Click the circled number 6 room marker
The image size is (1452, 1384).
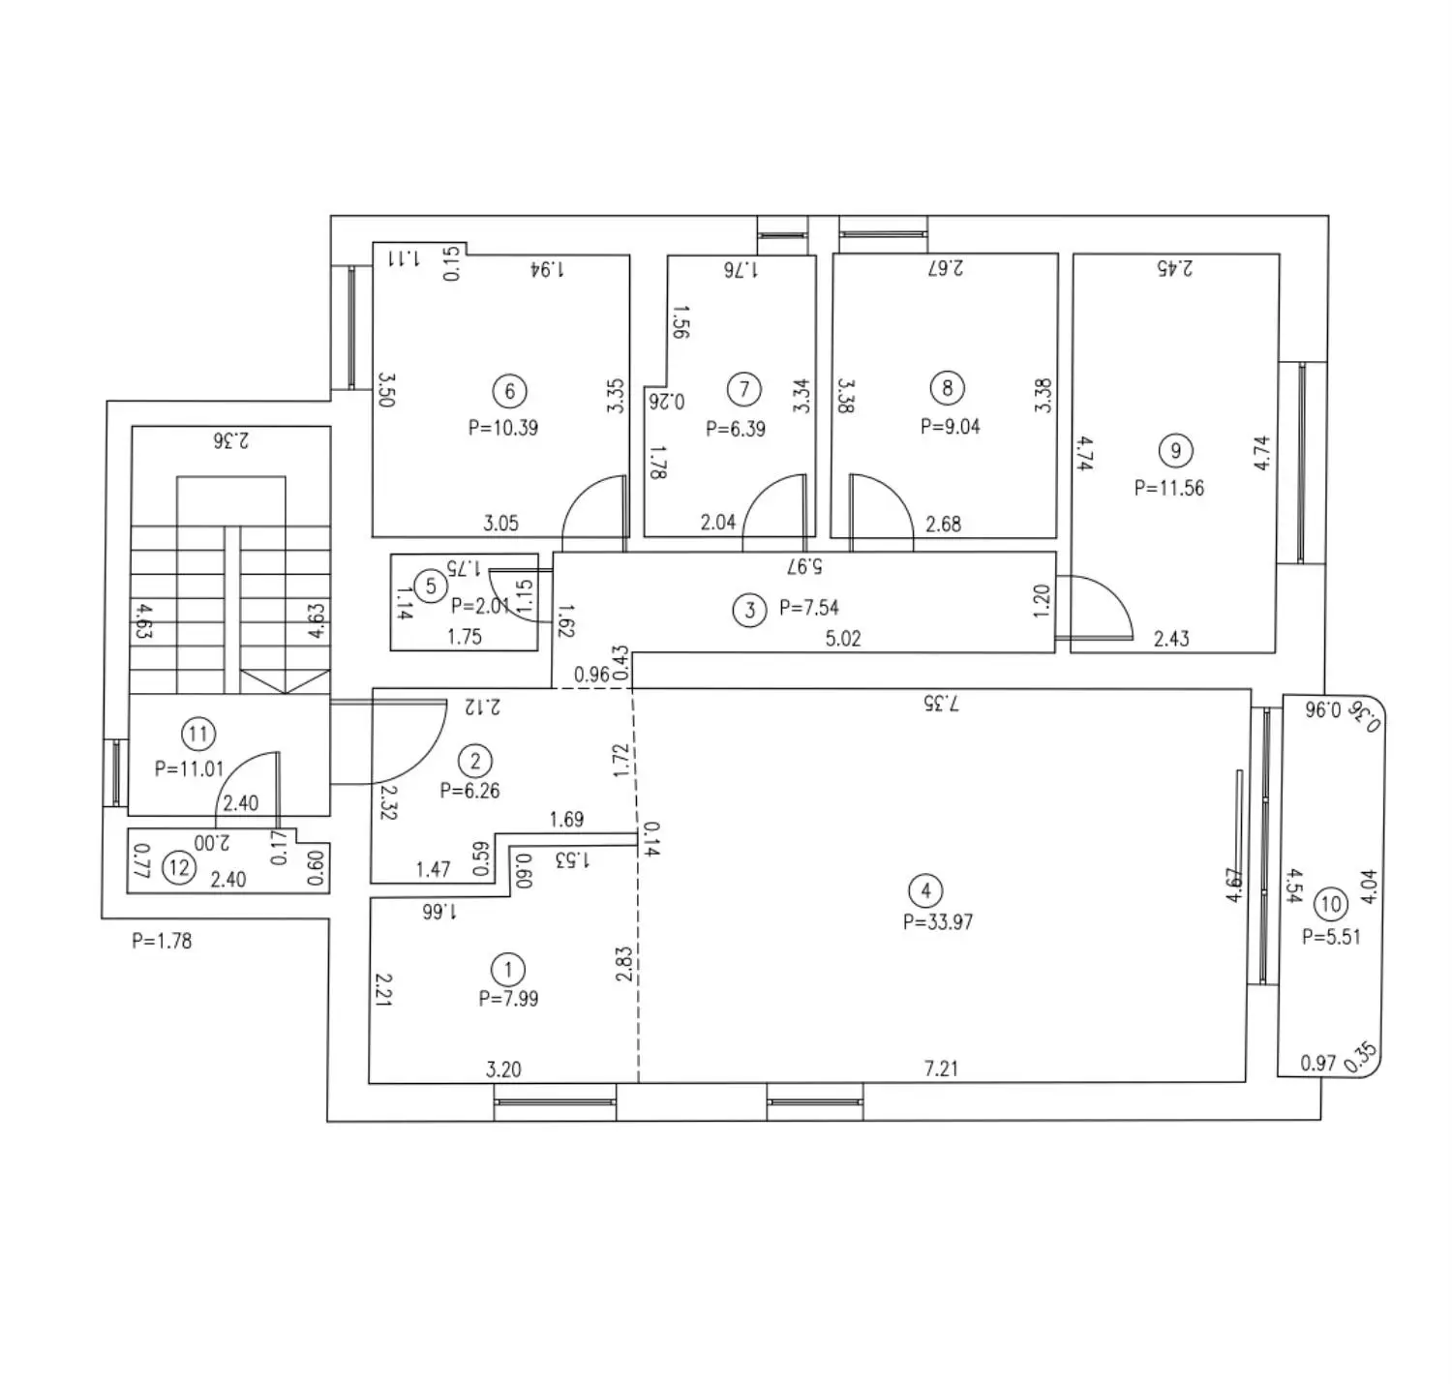click(x=509, y=391)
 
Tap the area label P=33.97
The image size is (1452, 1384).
click(x=938, y=921)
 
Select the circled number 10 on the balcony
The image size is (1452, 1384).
click(x=1331, y=904)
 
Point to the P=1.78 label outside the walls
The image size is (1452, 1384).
click(x=162, y=941)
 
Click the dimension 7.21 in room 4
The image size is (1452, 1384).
click(x=941, y=1068)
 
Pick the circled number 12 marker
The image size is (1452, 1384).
click(x=179, y=868)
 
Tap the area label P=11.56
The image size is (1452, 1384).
click(x=1169, y=488)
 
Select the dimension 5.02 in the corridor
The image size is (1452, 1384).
click(x=843, y=638)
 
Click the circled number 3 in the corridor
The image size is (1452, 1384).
click(x=749, y=611)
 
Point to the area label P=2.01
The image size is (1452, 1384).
click(x=481, y=606)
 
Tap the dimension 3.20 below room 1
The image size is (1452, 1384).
click(x=503, y=1069)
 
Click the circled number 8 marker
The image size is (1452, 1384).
click(x=948, y=388)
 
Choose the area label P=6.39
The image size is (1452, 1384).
click(x=736, y=429)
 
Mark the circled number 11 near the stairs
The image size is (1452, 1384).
click(x=197, y=734)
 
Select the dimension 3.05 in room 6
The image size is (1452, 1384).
click(x=500, y=524)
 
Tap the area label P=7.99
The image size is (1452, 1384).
click(x=509, y=999)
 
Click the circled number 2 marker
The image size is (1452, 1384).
click(x=475, y=761)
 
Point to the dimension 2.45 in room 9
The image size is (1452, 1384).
click(x=1174, y=267)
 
